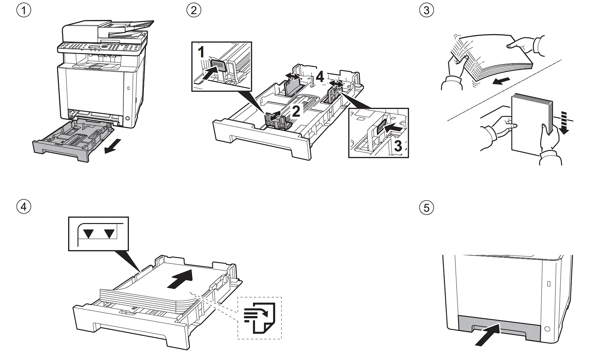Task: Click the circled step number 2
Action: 193,10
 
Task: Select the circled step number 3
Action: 427,10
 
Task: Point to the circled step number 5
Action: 427,207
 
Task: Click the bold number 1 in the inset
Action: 201,52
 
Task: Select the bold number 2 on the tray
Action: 296,111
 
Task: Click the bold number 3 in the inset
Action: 398,146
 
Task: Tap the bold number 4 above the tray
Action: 320,77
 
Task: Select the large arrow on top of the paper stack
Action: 180,279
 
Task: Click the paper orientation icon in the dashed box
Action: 259,318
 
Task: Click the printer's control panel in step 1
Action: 99,47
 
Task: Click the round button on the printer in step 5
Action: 547,329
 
